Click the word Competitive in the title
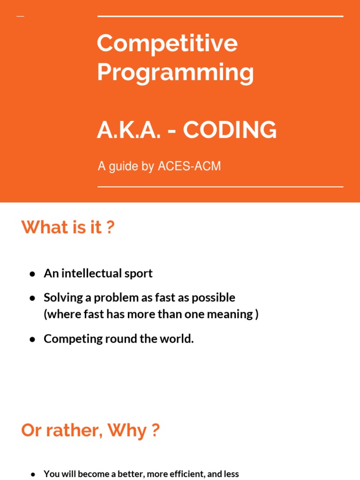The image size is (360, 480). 167,44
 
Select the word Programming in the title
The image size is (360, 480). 175,73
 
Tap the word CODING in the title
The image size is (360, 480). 230,130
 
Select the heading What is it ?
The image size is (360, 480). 68,227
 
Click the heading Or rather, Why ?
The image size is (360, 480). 90,430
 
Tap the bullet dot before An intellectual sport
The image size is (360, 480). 32,274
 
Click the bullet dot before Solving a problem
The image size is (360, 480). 32,298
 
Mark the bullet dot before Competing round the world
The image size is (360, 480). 32,339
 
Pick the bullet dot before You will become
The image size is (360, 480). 32,474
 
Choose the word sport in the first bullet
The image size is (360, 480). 138,273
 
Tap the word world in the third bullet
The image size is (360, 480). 179,339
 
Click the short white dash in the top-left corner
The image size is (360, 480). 20,16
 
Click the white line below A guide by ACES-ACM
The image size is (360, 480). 220,187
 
